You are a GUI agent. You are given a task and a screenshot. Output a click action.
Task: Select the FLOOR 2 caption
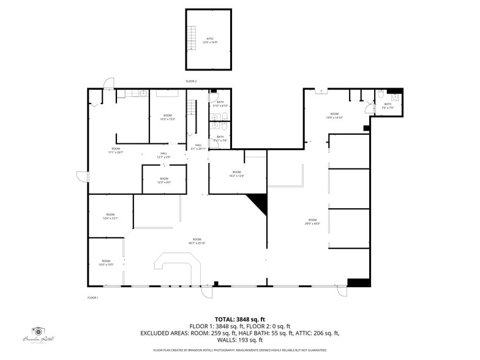pyautogui.click(x=192, y=81)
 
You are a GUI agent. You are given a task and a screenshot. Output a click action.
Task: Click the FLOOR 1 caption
pyautogui.click(x=93, y=298)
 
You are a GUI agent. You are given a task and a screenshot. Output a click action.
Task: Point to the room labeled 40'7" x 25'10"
pyautogui.click(x=197, y=241)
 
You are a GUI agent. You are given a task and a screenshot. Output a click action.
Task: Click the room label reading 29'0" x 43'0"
pyautogui.click(x=312, y=222)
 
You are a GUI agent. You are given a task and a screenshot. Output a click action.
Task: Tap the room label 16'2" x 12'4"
pyautogui.click(x=236, y=174)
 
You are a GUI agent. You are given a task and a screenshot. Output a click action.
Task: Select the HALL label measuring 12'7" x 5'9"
pyautogui.click(x=163, y=156)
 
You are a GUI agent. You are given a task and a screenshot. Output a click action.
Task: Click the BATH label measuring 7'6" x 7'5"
pyautogui.click(x=388, y=106)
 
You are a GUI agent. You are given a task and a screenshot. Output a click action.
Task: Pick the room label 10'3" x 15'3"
pyautogui.click(x=168, y=118)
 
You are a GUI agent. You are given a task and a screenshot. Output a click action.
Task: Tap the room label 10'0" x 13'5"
pyautogui.click(x=106, y=263)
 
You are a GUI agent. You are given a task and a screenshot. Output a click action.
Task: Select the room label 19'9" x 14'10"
pyautogui.click(x=334, y=116)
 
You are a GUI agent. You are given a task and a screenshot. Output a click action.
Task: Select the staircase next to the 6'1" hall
pyautogui.click(x=192, y=109)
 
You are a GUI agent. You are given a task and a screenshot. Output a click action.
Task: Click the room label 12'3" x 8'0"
pyautogui.click(x=164, y=180)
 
